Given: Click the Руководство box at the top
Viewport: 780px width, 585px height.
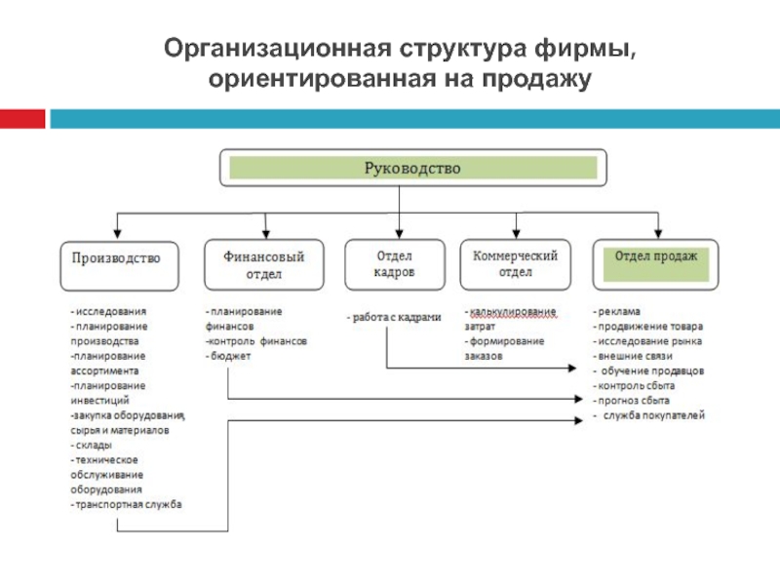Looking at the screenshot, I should [411, 168].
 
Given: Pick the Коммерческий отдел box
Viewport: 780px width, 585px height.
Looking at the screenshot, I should [515, 264].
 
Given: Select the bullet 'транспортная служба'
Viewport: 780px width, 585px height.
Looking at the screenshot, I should [128, 505].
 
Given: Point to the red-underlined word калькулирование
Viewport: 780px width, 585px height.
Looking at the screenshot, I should [512, 311].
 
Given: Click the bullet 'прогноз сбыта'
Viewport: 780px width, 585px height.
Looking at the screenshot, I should [636, 401].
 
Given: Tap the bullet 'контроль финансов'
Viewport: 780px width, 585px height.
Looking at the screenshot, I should [256, 342].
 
